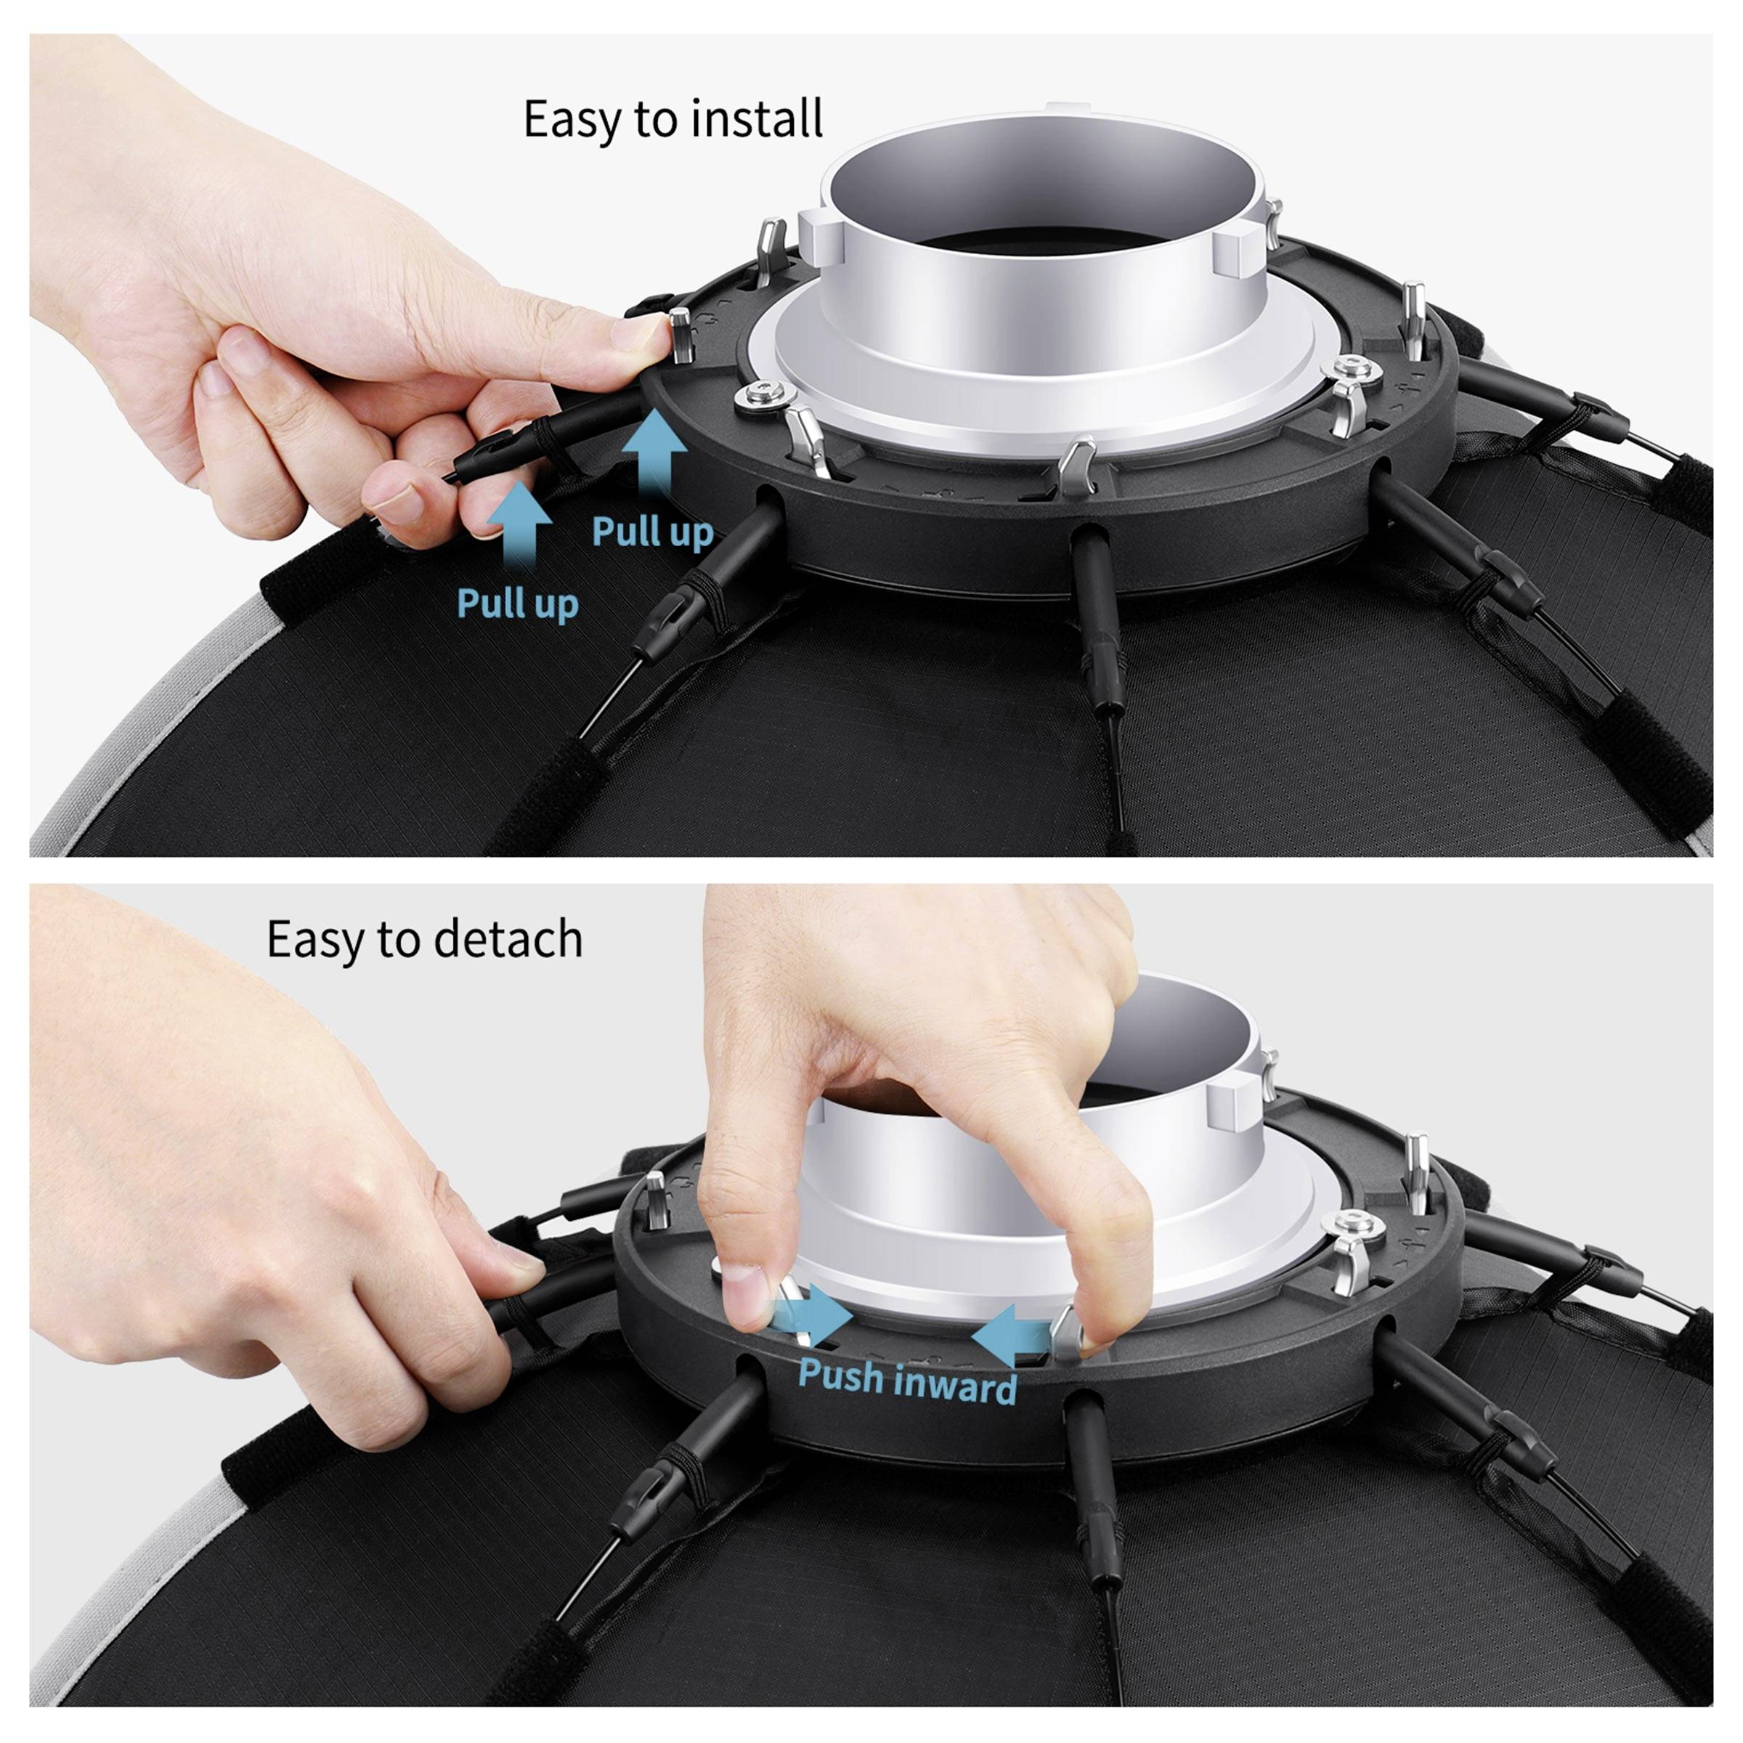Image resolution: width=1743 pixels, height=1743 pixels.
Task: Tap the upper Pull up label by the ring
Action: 652,532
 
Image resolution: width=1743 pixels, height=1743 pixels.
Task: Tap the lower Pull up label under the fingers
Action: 517,603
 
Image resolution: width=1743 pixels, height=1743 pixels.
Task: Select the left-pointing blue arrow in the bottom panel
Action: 1006,1333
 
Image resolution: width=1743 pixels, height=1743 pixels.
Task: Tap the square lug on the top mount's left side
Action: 816,236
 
